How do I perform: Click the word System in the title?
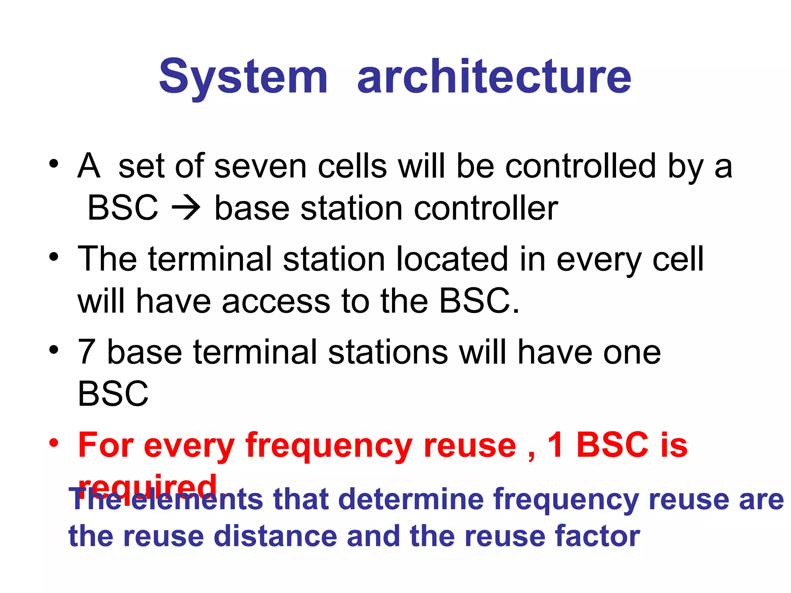point(243,77)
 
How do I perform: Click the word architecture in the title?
point(494,77)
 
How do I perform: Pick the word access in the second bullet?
point(276,302)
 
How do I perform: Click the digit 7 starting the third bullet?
point(86,352)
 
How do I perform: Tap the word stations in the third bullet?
point(388,352)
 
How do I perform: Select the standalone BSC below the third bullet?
point(113,394)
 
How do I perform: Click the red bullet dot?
point(54,443)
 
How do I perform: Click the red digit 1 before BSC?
point(555,445)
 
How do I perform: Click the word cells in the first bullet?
point(352,167)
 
